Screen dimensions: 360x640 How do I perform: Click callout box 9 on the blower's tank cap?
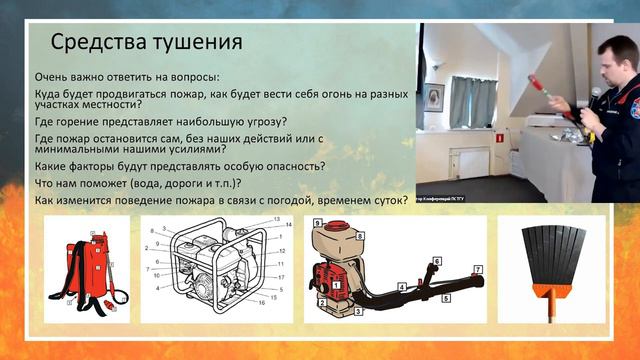tap(317, 221)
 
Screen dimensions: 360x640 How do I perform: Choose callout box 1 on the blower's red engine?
tap(337, 283)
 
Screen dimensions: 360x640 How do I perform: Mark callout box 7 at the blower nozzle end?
tap(478, 270)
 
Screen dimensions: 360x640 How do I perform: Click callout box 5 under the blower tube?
tap(448, 297)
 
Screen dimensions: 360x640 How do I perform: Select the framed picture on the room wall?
tap(434, 98)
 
